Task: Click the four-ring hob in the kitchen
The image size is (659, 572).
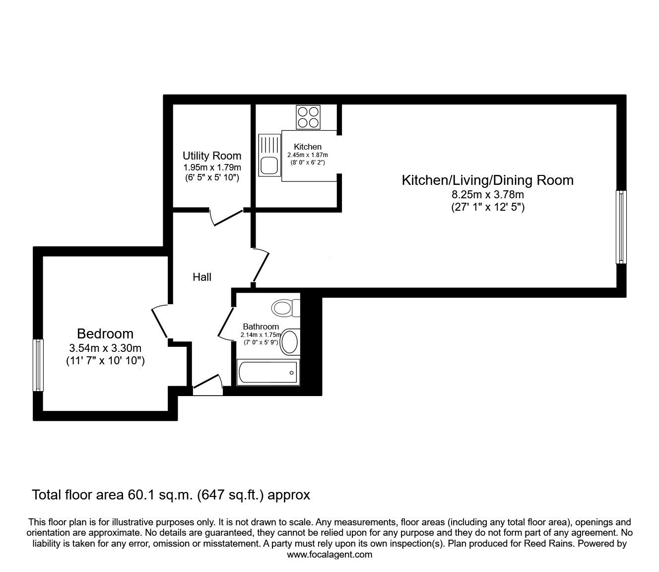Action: pyautogui.click(x=308, y=117)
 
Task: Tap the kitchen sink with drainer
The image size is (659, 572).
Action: pyautogui.click(x=269, y=155)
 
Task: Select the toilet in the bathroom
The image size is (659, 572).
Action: pyautogui.click(x=286, y=308)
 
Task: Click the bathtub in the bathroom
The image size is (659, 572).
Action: pyautogui.click(x=268, y=372)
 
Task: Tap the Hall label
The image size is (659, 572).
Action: pyautogui.click(x=202, y=277)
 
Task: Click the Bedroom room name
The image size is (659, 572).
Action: pyautogui.click(x=105, y=333)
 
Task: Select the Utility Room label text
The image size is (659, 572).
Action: pyautogui.click(x=212, y=156)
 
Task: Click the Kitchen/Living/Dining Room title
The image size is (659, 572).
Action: pyautogui.click(x=487, y=180)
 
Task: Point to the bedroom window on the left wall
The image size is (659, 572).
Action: pyautogui.click(x=38, y=365)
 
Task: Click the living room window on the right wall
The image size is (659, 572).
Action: pyautogui.click(x=621, y=227)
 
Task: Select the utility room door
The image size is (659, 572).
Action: pyautogui.click(x=227, y=217)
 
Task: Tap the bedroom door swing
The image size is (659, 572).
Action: pyautogui.click(x=159, y=321)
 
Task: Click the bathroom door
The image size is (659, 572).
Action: pyautogui.click(x=226, y=323)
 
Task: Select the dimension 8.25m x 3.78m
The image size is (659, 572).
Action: pyautogui.click(x=487, y=194)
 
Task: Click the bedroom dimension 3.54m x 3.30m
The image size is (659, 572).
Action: pyautogui.click(x=105, y=347)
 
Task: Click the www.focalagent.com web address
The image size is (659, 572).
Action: pyautogui.click(x=329, y=555)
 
